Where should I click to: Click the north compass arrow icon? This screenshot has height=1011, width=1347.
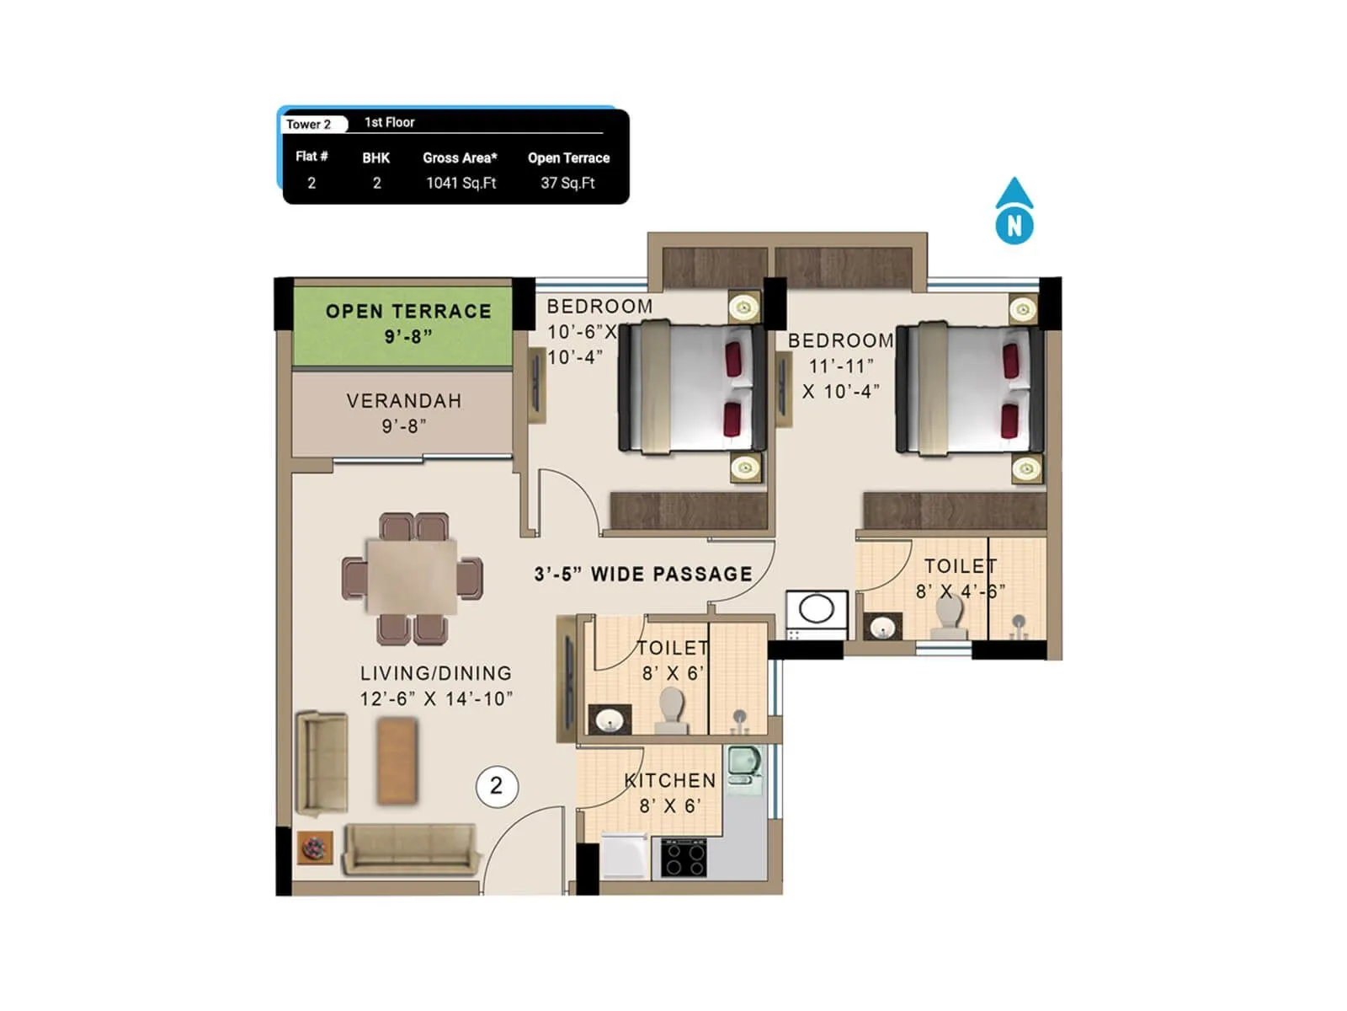pos(1014,211)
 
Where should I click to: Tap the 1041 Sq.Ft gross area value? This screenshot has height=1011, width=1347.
pos(461,183)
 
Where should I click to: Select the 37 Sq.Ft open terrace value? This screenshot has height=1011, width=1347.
pos(567,183)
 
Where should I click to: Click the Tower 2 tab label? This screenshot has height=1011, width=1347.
pos(309,124)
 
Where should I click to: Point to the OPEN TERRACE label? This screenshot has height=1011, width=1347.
pos(408,312)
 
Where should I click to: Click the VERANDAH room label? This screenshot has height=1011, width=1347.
pos(404,401)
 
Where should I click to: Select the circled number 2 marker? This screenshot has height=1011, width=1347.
pos(496,786)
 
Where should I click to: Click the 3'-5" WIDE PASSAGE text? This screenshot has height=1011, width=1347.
pos(643,575)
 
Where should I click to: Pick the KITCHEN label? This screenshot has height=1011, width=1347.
pos(670,781)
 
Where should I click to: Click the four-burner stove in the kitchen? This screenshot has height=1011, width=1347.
pos(683,859)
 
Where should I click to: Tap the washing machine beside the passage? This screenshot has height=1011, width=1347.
pos(815,612)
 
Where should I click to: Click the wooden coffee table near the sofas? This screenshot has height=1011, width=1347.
pos(397,760)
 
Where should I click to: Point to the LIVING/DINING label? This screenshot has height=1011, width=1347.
pos(436,673)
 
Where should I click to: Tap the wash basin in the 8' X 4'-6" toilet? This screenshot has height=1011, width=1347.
pos(882,627)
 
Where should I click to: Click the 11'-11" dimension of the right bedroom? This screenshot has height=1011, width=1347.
pos(841,366)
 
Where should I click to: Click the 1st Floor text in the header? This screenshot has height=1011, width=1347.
pos(389,122)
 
